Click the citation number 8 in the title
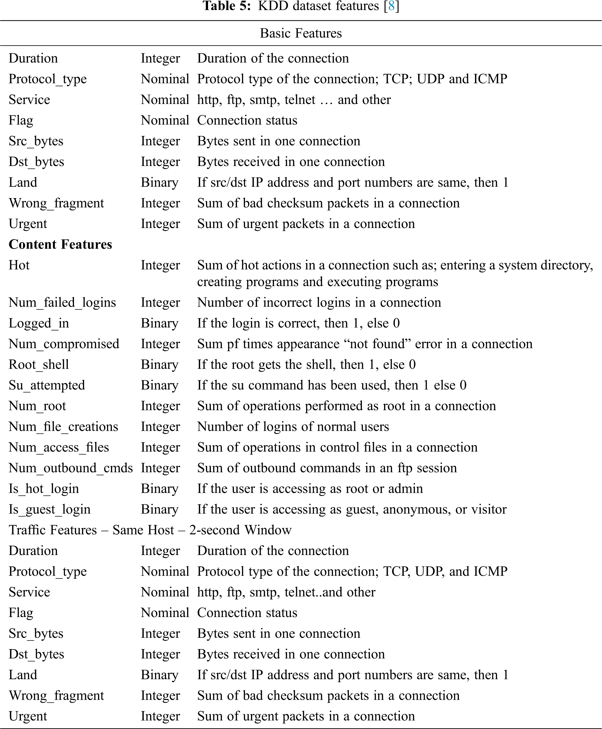(391, 6)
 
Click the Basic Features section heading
(301, 33)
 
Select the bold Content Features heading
(60, 244)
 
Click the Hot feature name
(19, 265)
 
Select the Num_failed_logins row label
(62, 303)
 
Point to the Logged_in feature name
(39, 323)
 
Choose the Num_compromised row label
(64, 344)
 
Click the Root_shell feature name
(39, 365)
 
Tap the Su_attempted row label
(47, 385)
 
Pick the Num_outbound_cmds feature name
(71, 468)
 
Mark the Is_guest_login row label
(50, 509)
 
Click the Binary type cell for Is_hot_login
(160, 489)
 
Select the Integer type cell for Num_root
(160, 406)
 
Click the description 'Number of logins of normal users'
(293, 426)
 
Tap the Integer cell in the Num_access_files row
(160, 447)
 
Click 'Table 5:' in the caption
(227, 6)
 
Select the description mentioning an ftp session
(327, 468)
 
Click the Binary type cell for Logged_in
(160, 323)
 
